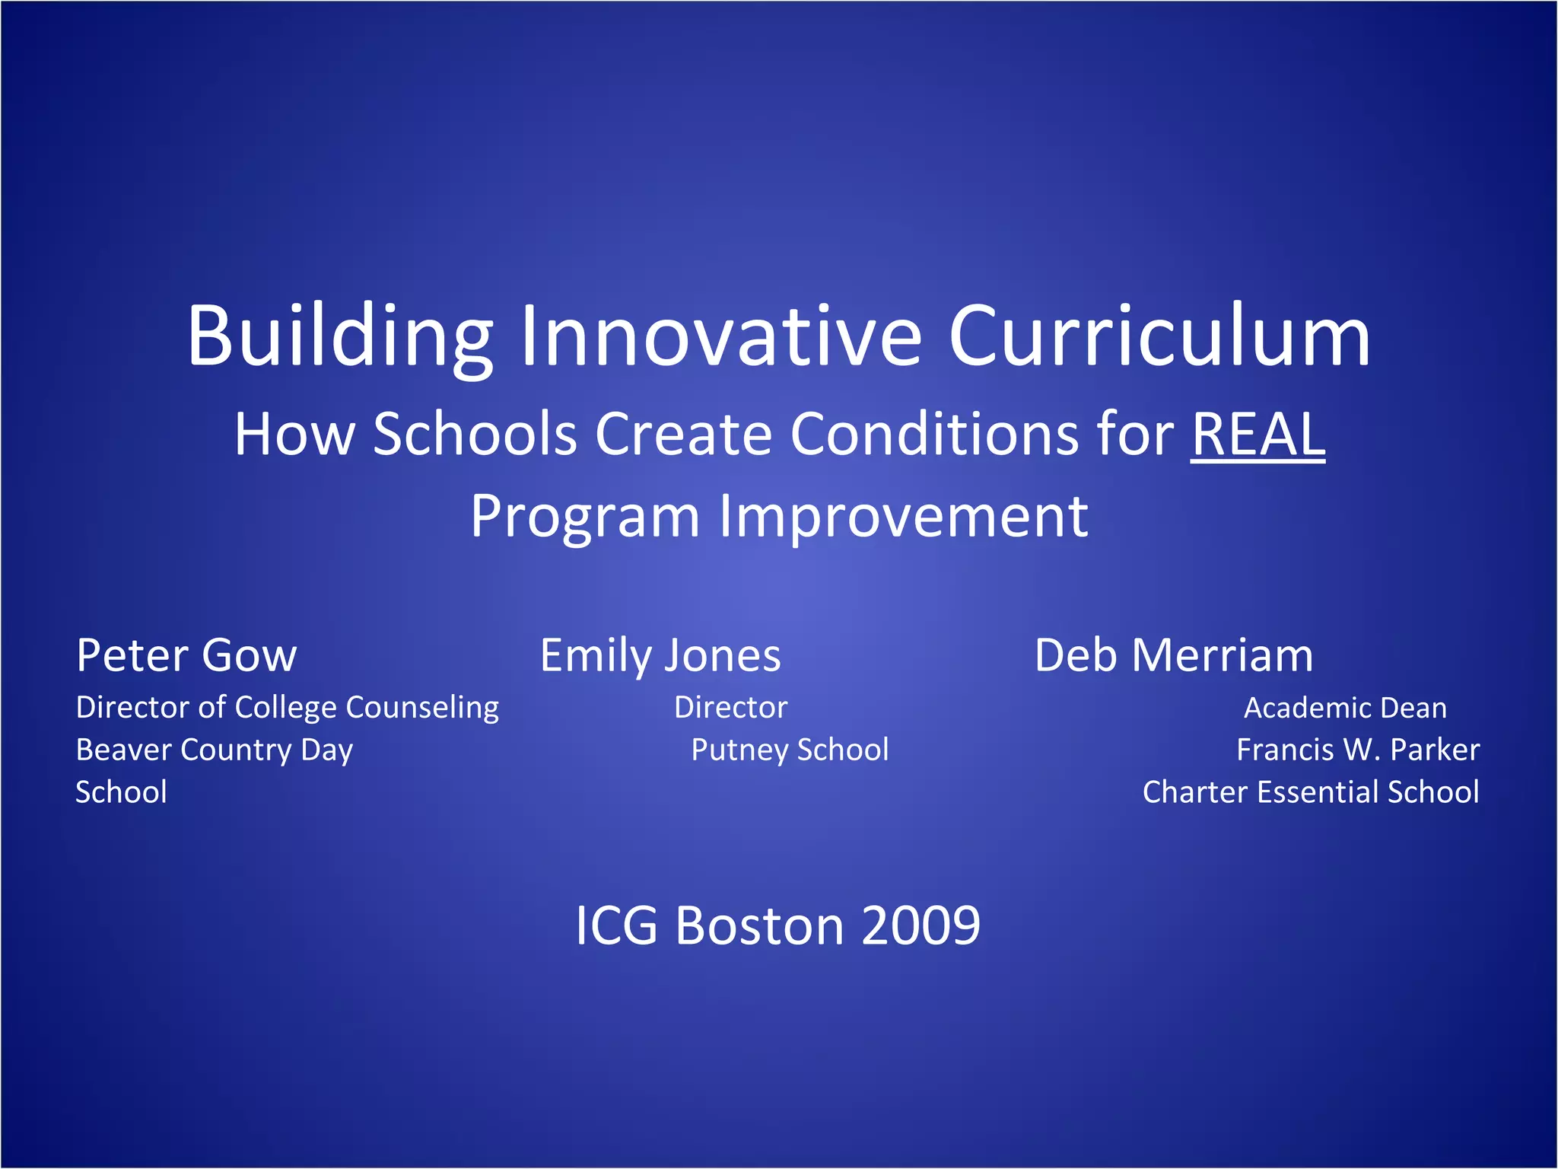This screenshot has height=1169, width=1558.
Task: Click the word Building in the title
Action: [340, 336]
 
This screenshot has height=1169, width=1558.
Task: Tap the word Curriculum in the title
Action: [1159, 336]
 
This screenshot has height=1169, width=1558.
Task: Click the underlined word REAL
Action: [1258, 435]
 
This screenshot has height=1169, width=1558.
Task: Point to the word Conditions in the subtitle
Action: [934, 435]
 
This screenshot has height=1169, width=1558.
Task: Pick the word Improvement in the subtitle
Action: [903, 517]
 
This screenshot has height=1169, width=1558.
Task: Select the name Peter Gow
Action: [186, 655]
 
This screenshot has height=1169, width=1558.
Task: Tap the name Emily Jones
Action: [660, 655]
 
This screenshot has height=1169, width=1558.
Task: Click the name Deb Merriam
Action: [1173, 655]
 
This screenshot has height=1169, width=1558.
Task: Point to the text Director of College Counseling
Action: [287, 708]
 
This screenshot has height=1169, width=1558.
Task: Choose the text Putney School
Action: [789, 750]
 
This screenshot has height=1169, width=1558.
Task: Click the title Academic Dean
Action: [1344, 709]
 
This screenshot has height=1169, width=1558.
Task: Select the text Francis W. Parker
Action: [1357, 750]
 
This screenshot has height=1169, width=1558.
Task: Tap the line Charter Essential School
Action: [1310, 792]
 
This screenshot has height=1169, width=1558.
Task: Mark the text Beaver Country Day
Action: [214, 750]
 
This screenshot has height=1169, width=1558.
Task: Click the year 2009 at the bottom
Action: [920, 926]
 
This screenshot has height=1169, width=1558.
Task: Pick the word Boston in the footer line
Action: [759, 926]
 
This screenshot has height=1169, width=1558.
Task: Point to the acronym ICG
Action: [615, 926]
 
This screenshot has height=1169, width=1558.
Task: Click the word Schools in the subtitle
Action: [475, 435]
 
